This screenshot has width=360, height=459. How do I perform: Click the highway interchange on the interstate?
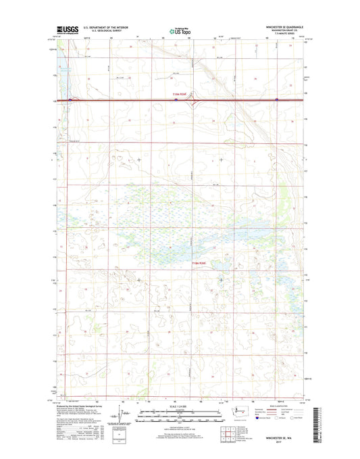tap(191, 101)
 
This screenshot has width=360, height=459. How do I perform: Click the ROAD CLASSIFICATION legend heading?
tap(278, 405)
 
